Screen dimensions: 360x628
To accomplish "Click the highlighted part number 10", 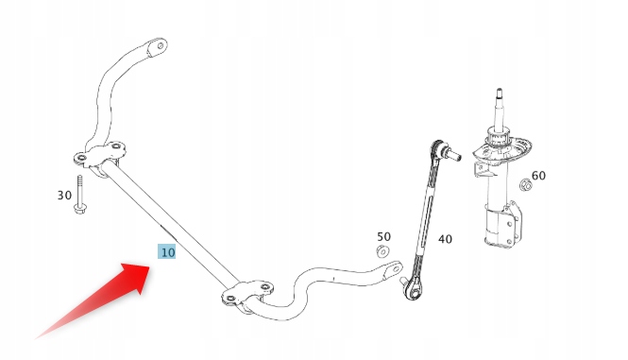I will click(166, 252).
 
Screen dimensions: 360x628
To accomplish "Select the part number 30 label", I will click(64, 196).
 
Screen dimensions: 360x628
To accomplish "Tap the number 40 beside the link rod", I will click(444, 239).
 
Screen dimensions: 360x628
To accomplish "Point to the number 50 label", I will click(383, 236).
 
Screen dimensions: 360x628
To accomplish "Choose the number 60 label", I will click(538, 176).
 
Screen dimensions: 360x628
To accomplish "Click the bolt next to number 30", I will click(82, 197).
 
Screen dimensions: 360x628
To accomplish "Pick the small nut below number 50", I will click(382, 251).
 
